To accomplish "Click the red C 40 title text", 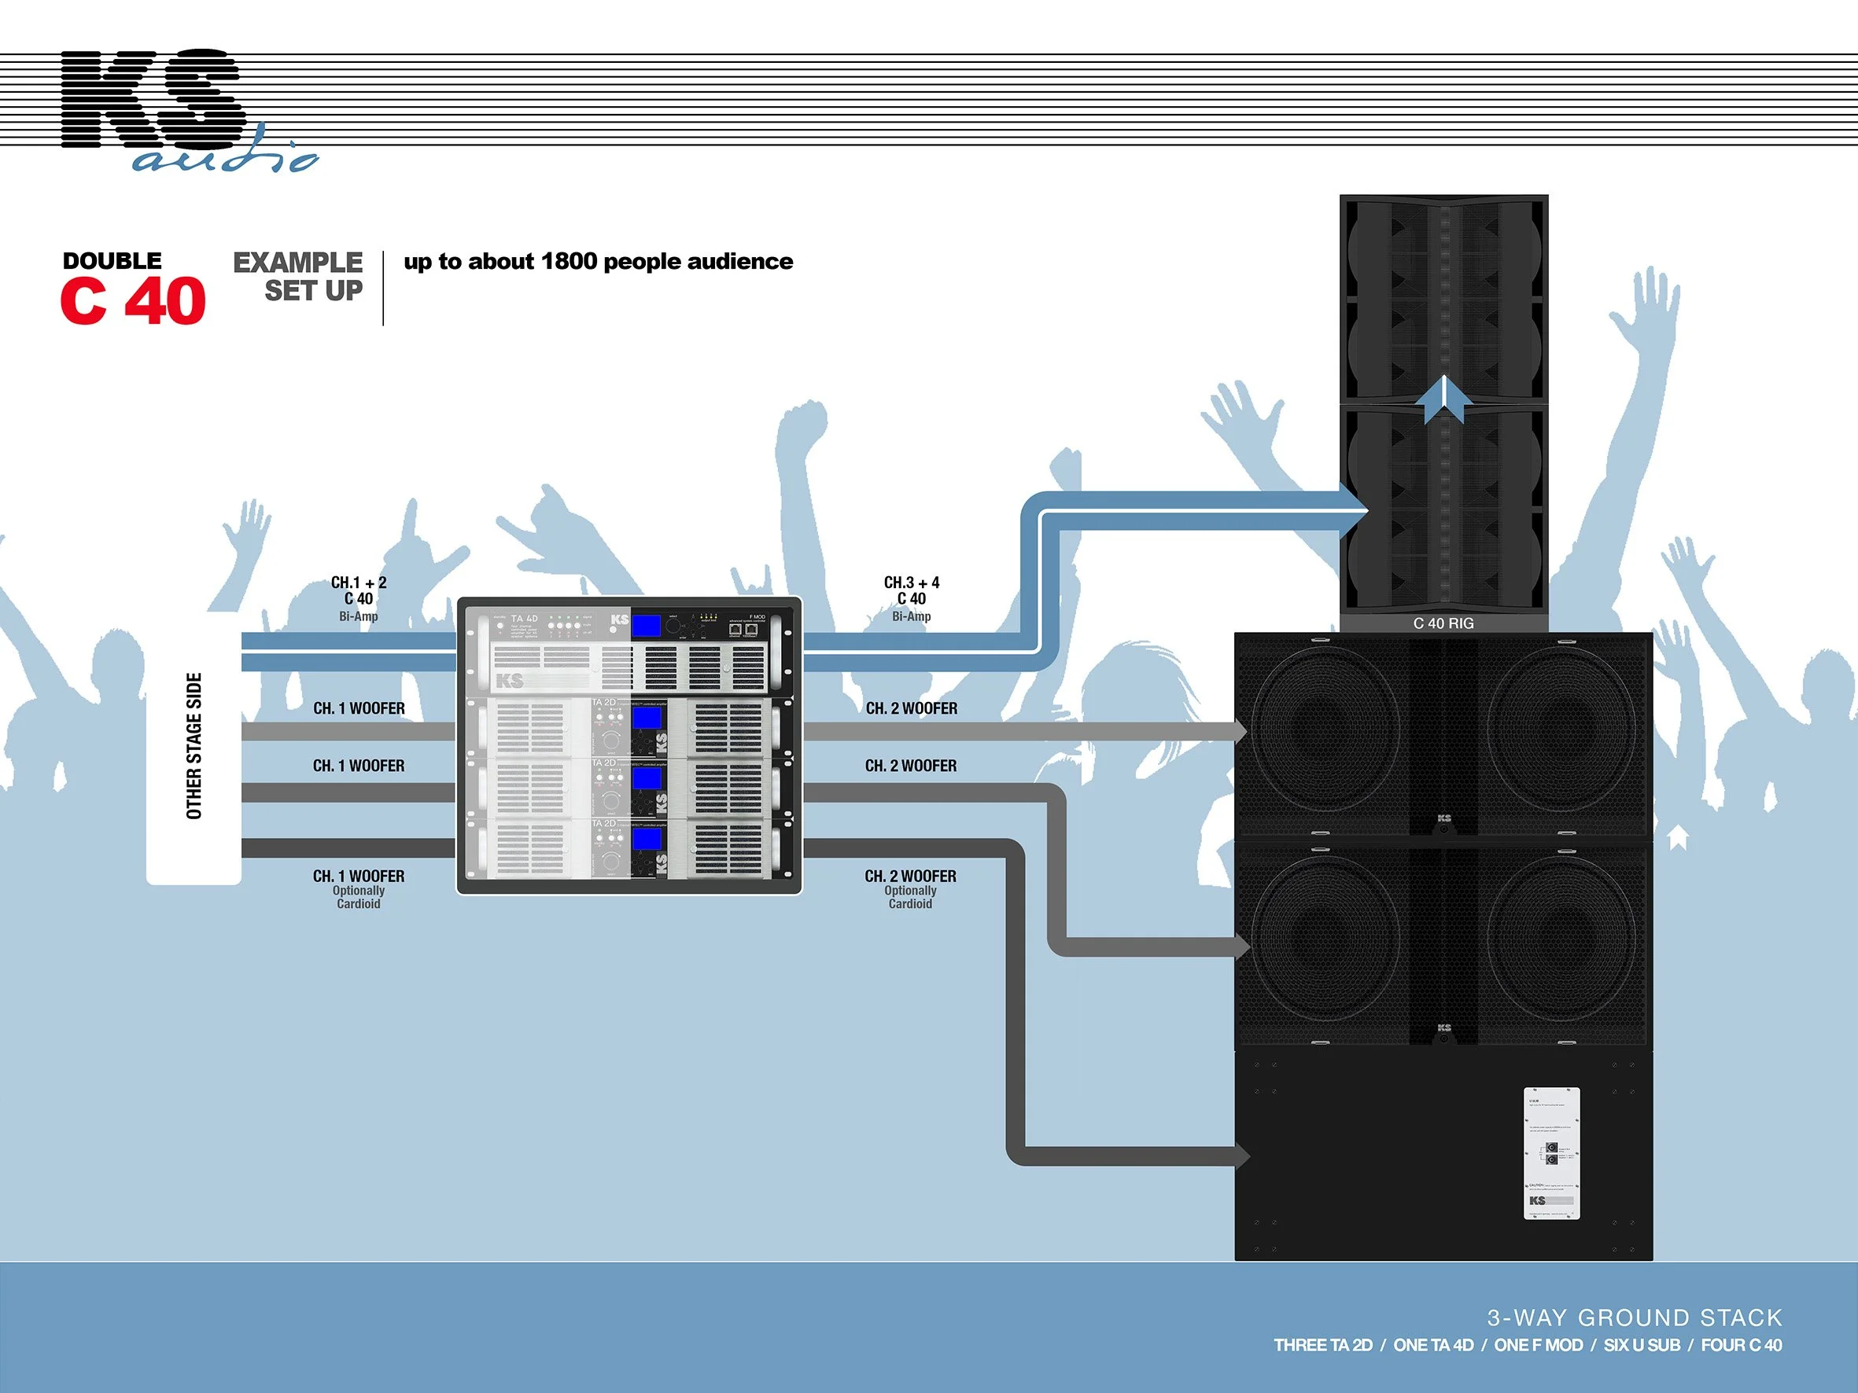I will pyautogui.click(x=133, y=300).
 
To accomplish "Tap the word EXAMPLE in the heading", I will pyautogui.click(x=297, y=262).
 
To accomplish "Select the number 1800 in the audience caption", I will pyautogui.click(x=568, y=261).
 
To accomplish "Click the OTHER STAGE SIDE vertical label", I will pyautogui.click(x=194, y=745).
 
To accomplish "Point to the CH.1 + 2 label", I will pyautogui.click(x=359, y=583).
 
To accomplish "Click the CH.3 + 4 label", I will pyautogui.click(x=912, y=583).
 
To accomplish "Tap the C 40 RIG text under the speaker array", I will pyautogui.click(x=1443, y=623).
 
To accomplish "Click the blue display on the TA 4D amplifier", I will pyautogui.click(x=646, y=626).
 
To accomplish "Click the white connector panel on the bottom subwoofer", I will pyautogui.click(x=1551, y=1153).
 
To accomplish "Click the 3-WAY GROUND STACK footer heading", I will pyautogui.click(x=1635, y=1318).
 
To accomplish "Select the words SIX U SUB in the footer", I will pyautogui.click(x=1642, y=1345).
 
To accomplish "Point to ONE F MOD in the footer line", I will pyautogui.click(x=1538, y=1345).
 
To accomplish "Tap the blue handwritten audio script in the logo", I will pyautogui.click(x=225, y=156).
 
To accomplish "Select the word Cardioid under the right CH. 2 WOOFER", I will pyautogui.click(x=911, y=903).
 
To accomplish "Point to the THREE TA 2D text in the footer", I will pyautogui.click(x=1323, y=1345).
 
